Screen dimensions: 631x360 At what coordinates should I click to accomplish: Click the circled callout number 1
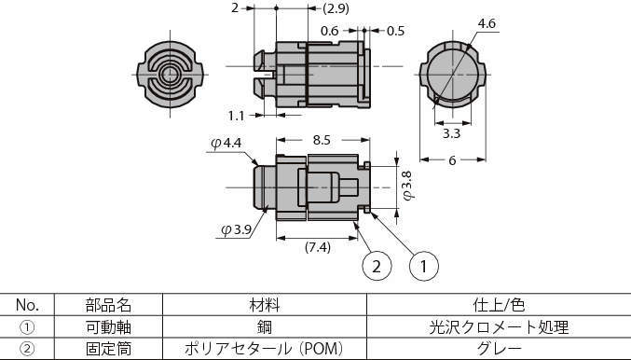tap(424, 266)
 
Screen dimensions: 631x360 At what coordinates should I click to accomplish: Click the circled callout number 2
tap(377, 266)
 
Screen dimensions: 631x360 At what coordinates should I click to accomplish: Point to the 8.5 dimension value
tap(322, 140)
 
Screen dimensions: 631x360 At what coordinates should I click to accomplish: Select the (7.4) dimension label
tap(318, 247)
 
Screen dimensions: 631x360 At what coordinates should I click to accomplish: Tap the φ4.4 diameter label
tap(226, 143)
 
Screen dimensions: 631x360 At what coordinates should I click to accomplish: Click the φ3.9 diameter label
tap(237, 230)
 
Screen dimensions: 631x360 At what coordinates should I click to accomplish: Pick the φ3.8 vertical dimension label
tap(407, 186)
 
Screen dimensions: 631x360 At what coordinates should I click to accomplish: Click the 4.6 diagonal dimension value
tap(487, 23)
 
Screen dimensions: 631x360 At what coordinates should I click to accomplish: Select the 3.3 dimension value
tap(451, 133)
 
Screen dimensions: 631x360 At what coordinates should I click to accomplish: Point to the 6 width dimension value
tap(452, 160)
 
